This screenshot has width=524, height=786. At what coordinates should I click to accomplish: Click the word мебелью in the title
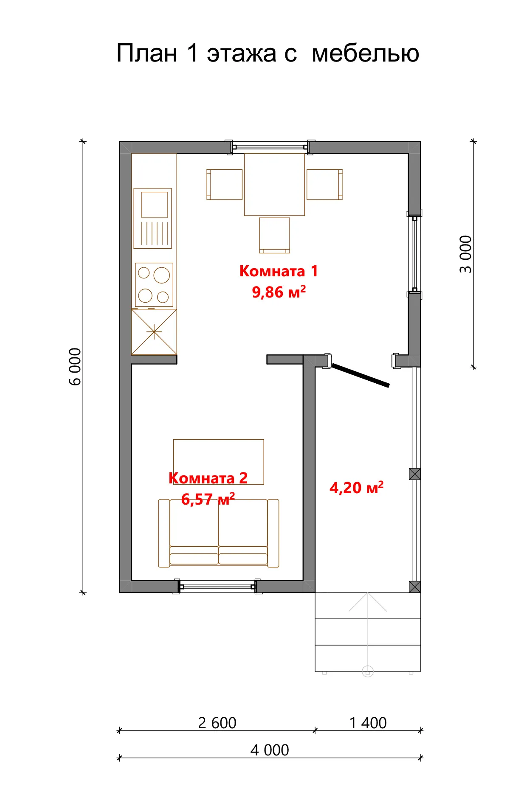[365, 53]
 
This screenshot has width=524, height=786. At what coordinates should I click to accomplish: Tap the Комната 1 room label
[279, 271]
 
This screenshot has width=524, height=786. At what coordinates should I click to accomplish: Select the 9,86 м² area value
[279, 292]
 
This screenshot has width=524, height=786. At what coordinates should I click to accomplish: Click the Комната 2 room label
[208, 478]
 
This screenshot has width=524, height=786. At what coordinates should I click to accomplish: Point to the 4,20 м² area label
[356, 488]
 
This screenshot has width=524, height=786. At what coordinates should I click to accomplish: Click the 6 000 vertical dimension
[75, 366]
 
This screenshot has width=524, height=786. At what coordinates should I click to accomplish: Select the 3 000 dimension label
[466, 254]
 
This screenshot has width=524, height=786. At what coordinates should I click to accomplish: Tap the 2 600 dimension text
[217, 723]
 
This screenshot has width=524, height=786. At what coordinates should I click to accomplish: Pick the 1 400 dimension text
[368, 723]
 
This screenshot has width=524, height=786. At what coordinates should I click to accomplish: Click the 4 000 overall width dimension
[270, 750]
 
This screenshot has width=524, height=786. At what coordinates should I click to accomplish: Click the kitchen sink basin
[155, 204]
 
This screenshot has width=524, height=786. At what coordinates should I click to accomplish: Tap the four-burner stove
[154, 284]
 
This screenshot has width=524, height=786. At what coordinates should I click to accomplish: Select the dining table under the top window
[274, 184]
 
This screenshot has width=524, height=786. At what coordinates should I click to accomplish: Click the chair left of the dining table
[224, 184]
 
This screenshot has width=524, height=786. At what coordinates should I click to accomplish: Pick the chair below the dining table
[274, 235]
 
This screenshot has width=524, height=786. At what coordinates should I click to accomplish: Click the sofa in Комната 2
[219, 533]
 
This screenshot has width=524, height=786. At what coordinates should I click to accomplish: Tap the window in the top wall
[270, 147]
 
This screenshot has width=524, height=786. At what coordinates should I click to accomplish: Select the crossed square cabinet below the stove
[154, 331]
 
